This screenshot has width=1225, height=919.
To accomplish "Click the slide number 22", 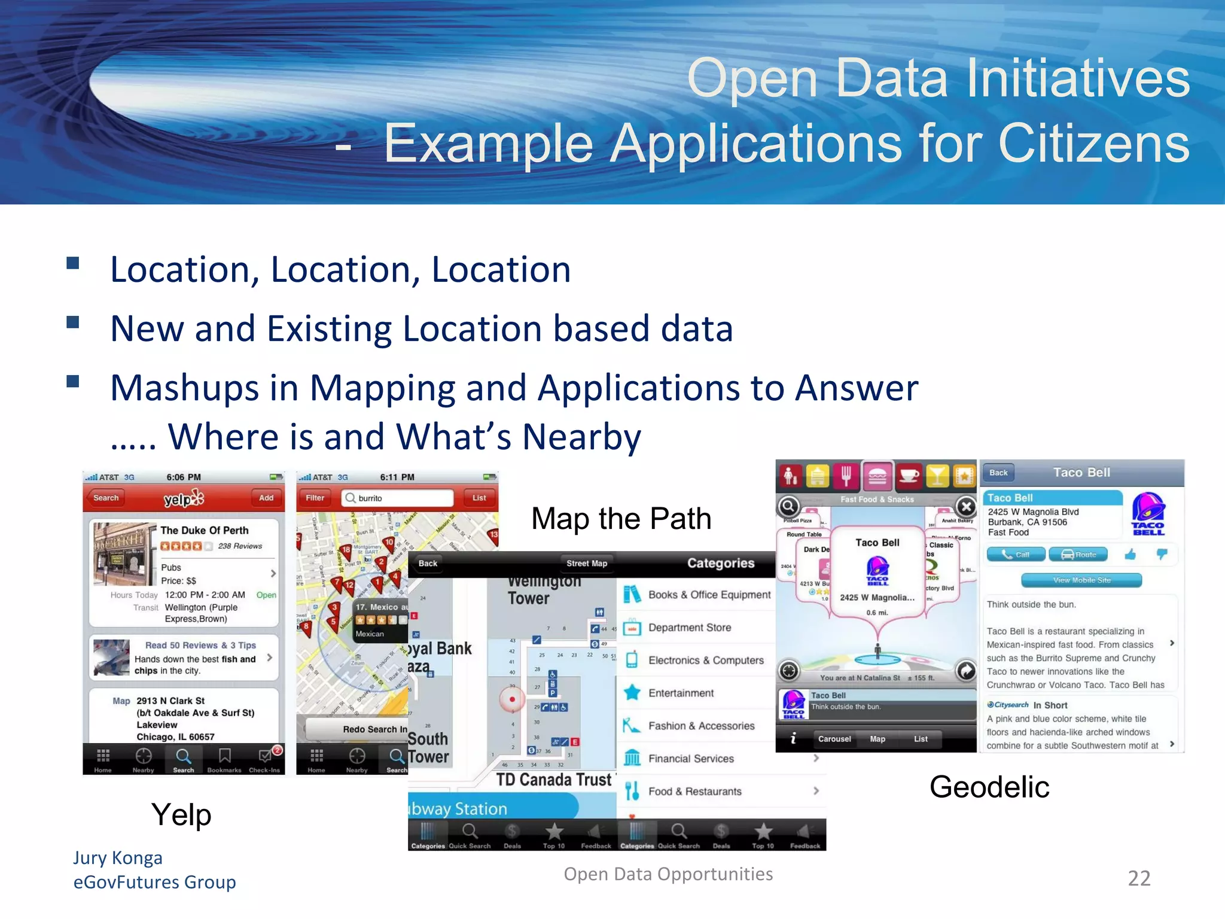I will click(1138, 878).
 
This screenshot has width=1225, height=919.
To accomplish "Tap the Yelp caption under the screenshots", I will click(181, 815).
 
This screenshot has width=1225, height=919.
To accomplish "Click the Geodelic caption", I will click(989, 787).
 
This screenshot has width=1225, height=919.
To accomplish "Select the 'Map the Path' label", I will click(621, 518).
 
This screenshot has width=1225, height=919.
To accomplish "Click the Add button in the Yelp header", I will click(266, 498).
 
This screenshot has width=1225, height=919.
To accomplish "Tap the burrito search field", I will click(398, 498).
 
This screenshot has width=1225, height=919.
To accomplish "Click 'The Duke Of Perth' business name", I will click(204, 530).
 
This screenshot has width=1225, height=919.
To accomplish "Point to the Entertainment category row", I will click(681, 693).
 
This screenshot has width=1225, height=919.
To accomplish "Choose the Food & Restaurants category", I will click(694, 791).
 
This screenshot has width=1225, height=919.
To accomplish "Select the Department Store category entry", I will click(689, 628).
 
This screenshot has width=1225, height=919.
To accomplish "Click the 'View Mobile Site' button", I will click(1081, 580).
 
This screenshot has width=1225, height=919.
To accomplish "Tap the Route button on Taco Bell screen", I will click(1078, 555).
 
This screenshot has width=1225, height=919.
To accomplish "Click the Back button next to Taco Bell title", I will click(998, 473).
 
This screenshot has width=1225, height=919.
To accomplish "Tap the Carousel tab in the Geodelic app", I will click(834, 739).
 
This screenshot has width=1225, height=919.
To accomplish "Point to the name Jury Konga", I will click(118, 857).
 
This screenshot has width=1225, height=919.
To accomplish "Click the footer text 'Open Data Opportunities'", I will click(668, 874).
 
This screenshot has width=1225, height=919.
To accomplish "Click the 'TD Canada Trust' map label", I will click(554, 780).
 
